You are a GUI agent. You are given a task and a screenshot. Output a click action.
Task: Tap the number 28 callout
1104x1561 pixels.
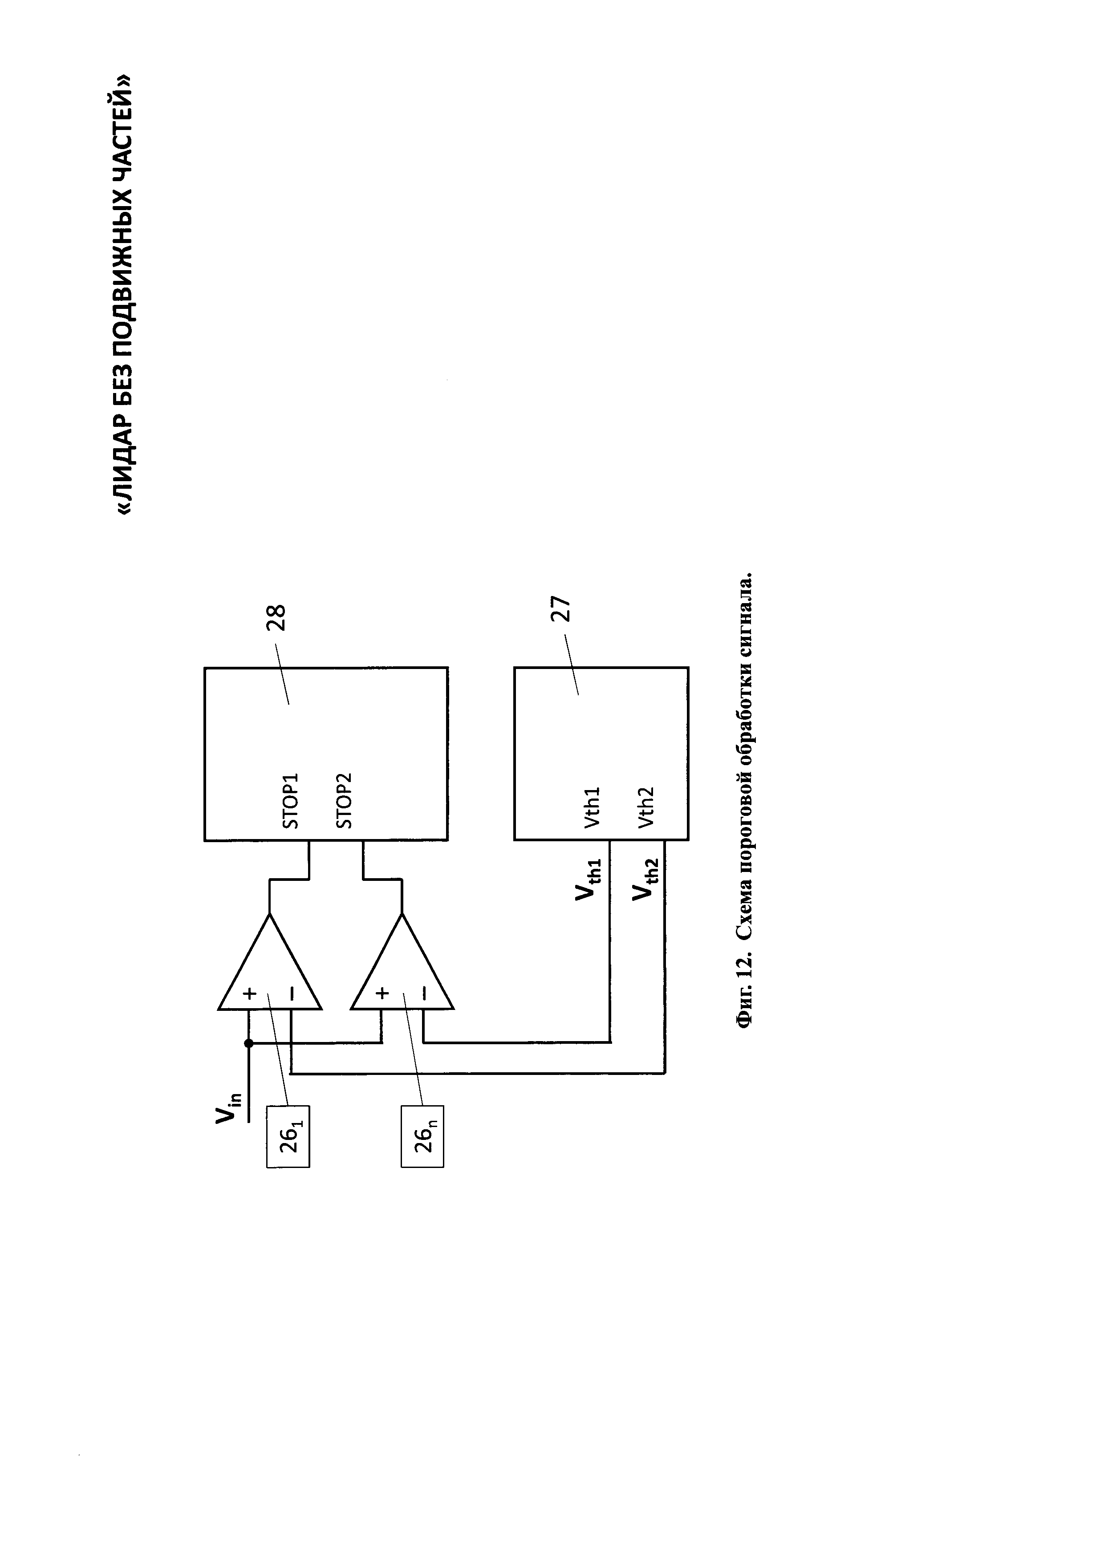(x=277, y=619)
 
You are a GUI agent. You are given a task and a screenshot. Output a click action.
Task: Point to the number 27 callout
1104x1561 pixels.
(x=561, y=609)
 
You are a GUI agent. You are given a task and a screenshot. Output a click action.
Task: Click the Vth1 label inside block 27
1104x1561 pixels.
(x=592, y=807)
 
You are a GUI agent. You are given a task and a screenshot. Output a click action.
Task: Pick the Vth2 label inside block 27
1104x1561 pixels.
(x=646, y=807)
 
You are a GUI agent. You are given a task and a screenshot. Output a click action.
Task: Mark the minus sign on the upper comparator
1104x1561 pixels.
(x=292, y=994)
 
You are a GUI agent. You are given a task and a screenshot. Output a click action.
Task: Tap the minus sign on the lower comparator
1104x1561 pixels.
(x=424, y=994)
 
